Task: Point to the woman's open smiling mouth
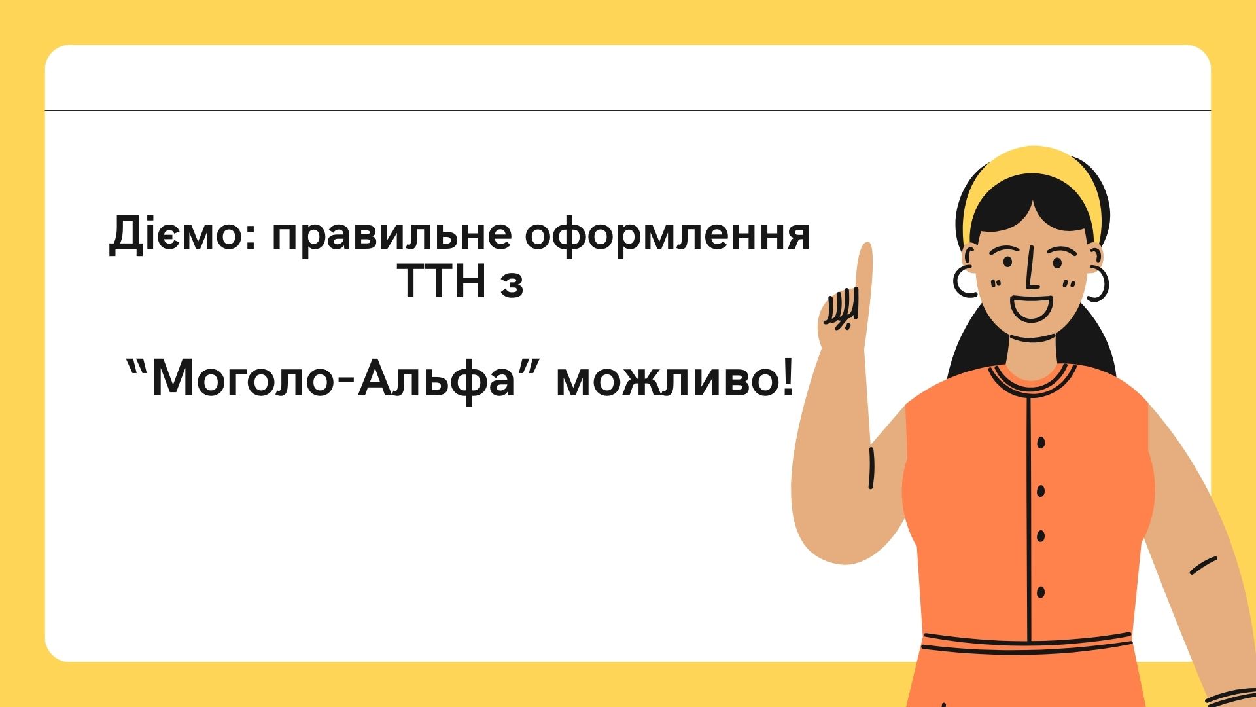point(1032,308)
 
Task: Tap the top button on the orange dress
point(1041,443)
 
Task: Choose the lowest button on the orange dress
point(1041,592)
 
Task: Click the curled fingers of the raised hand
point(841,311)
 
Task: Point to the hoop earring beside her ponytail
point(1097,283)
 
